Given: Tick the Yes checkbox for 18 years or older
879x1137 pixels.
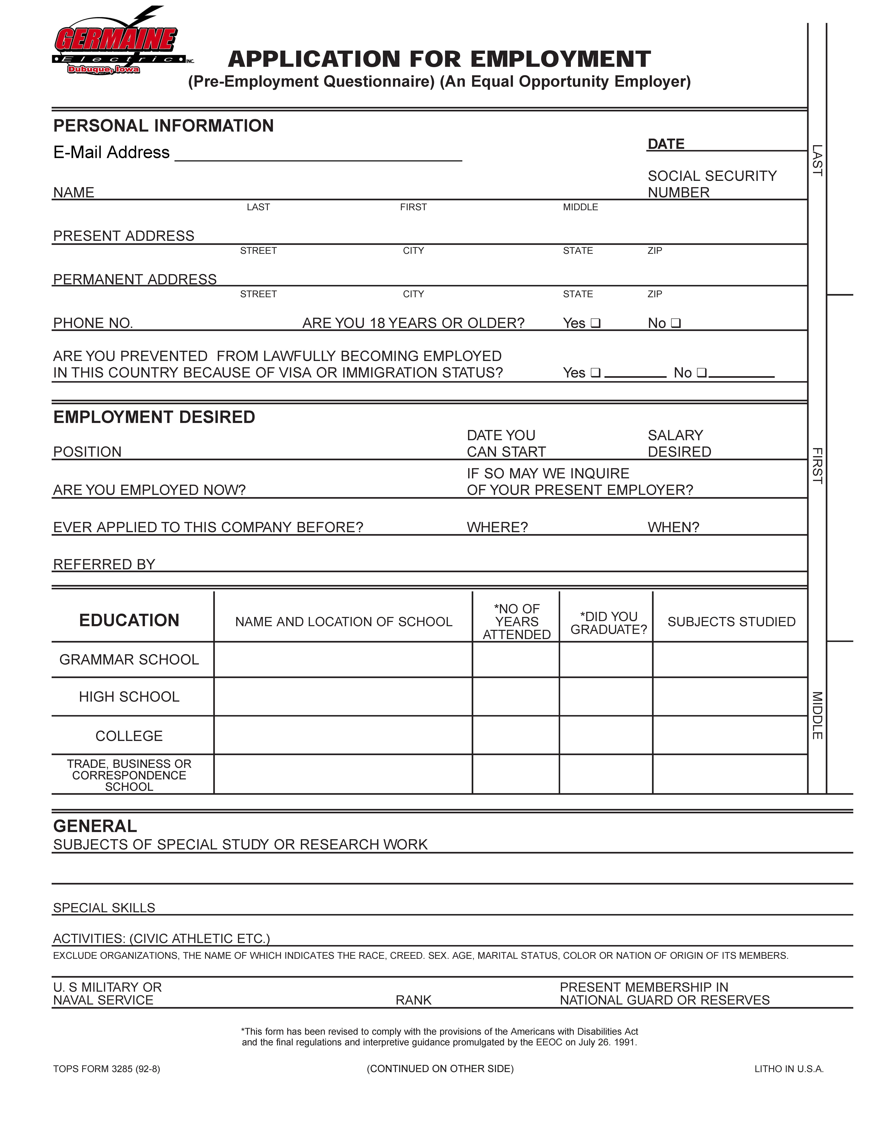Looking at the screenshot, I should (596, 323).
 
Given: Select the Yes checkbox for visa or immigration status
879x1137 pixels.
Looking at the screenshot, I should (596, 373).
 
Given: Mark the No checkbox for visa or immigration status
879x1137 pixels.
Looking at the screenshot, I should (701, 373).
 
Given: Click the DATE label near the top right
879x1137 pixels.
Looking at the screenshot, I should (666, 144).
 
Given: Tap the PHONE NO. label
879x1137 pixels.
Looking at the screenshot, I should (93, 323).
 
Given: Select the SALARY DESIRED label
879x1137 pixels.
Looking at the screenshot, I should (679, 444).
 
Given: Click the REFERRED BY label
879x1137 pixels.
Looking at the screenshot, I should (104, 564).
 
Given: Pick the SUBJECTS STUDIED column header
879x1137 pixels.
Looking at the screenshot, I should (731, 622).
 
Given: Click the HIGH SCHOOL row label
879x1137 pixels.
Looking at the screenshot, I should (129, 696).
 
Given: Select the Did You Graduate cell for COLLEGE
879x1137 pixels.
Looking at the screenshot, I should (606, 735).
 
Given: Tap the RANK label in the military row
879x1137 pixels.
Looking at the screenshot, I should (413, 1000).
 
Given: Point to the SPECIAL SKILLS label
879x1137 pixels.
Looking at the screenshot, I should (104, 908).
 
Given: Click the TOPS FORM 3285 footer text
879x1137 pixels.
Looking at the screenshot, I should (107, 1069).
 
